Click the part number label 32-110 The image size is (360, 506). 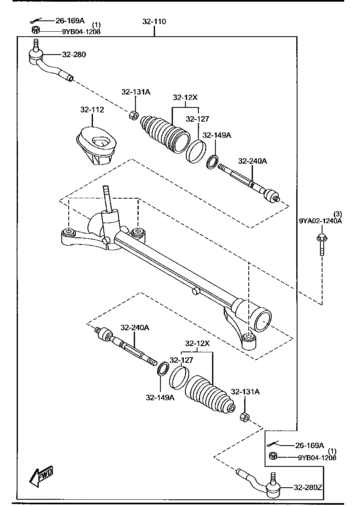coord(154,22)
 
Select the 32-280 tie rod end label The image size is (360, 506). coord(74,55)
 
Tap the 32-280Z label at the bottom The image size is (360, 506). coord(307,487)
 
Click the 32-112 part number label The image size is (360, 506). coord(92,110)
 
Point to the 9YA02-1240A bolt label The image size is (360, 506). coord(320,221)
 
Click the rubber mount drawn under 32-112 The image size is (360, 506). coord(97,146)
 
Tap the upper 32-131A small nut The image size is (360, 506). coord(134,115)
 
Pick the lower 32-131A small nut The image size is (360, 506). coord(245,416)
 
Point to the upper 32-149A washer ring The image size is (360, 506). coord(212,162)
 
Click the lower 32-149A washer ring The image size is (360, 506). coord(163,368)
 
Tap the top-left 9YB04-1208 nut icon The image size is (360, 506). coord(35,30)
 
